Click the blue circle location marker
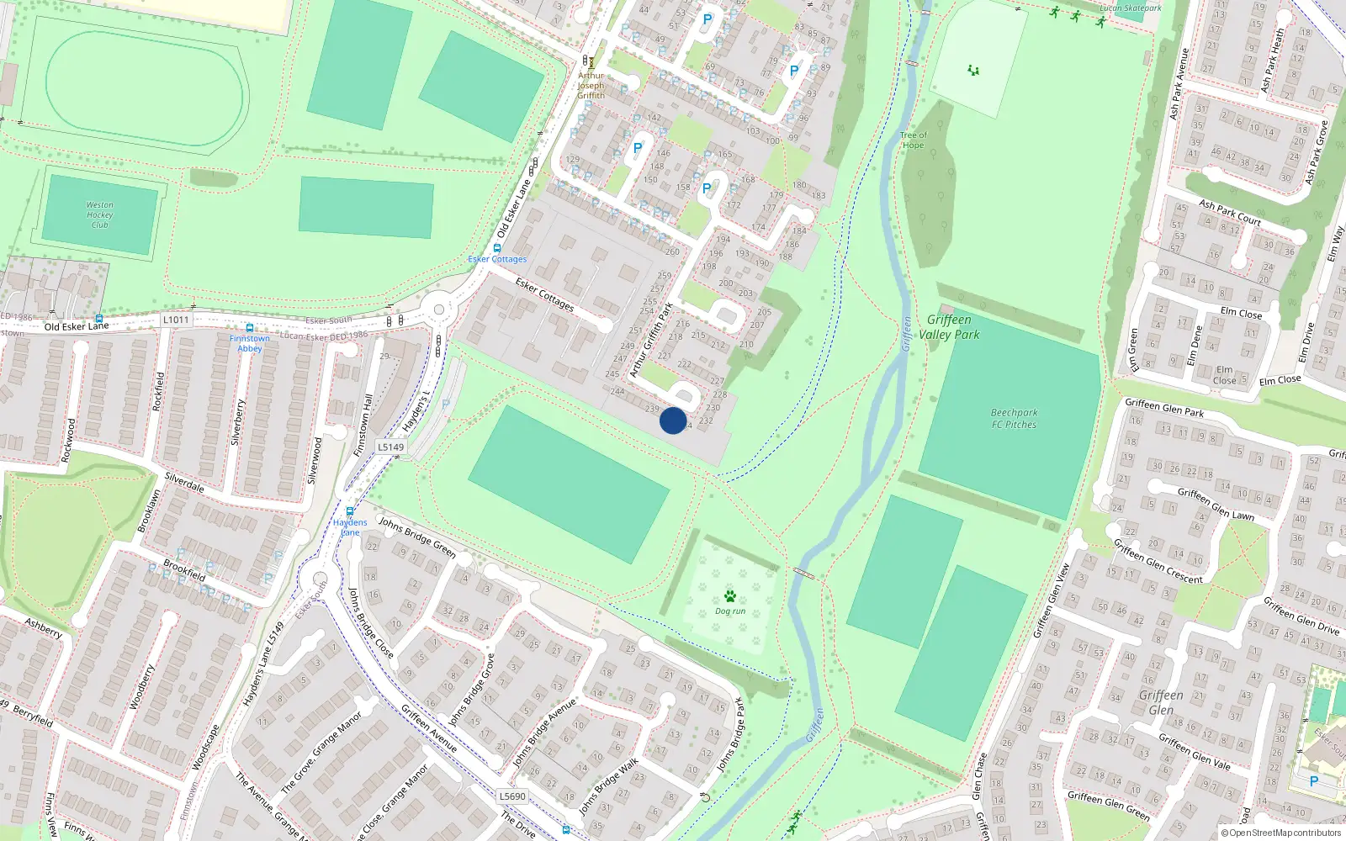pos(672,420)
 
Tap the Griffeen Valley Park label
pos(949,327)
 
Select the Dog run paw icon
pos(730,596)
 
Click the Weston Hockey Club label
pos(99,214)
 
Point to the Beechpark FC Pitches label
pos(1014,419)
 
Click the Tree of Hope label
pos(913,140)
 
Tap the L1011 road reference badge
pos(176,320)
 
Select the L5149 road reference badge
pos(390,447)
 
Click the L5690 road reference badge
pos(512,796)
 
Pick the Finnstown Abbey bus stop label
pos(250,343)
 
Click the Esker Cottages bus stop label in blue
pos(497,259)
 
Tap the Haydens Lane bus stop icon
pos(350,511)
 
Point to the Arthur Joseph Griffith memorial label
pos(591,85)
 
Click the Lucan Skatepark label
pos(1131,8)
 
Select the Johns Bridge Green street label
pos(416,537)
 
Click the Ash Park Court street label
pos(1229,212)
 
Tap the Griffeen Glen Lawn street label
pos(1216,504)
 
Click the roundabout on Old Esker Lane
pos(437,310)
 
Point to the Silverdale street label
pos(184,482)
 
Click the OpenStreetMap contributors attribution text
pos(1285,833)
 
